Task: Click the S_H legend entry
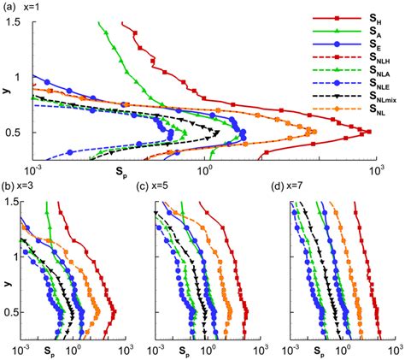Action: point(343,18)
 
